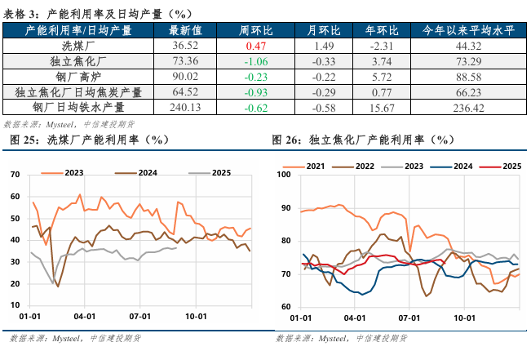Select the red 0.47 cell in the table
point(257,46)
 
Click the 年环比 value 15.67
point(394,106)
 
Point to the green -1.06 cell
point(257,61)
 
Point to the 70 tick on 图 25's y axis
point(13,175)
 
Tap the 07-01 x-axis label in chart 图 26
point(409,316)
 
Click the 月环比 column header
point(325,30)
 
